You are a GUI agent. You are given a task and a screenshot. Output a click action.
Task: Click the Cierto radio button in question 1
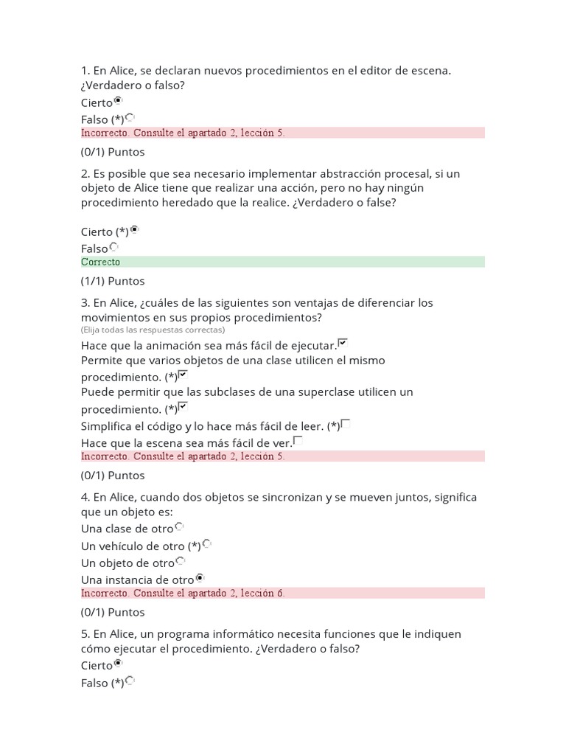[x=118, y=101]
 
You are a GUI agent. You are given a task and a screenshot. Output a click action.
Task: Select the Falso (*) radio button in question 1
[x=130, y=117]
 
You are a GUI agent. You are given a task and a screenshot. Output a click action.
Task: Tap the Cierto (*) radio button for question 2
[x=134, y=230]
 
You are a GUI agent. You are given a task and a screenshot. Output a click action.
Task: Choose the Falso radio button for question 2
[x=113, y=247]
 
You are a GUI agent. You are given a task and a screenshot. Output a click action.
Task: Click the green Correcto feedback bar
[x=282, y=262]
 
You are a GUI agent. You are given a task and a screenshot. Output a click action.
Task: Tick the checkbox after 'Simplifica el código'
[x=346, y=424]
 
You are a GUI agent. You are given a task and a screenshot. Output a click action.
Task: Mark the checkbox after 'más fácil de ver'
[x=298, y=441]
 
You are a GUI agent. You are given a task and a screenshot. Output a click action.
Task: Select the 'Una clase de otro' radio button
[x=179, y=527]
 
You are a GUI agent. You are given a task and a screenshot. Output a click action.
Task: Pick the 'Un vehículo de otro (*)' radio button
[x=207, y=544]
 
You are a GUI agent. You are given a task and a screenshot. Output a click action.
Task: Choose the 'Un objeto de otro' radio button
[x=181, y=561]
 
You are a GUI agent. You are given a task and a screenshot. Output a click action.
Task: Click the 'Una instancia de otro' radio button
[x=200, y=578]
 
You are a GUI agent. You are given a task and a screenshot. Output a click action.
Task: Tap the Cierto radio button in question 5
[x=118, y=664]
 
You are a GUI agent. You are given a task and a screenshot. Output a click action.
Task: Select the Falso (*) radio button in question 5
[x=130, y=681]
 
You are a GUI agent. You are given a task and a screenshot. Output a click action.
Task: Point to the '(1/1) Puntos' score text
[x=113, y=281]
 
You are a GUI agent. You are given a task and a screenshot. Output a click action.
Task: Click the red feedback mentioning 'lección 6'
[x=282, y=593]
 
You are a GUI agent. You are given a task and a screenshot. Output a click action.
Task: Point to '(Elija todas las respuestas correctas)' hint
[x=153, y=330]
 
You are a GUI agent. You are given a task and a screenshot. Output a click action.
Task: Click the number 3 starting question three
[x=84, y=303]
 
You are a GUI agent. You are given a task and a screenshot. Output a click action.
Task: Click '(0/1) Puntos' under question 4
[x=113, y=612]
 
